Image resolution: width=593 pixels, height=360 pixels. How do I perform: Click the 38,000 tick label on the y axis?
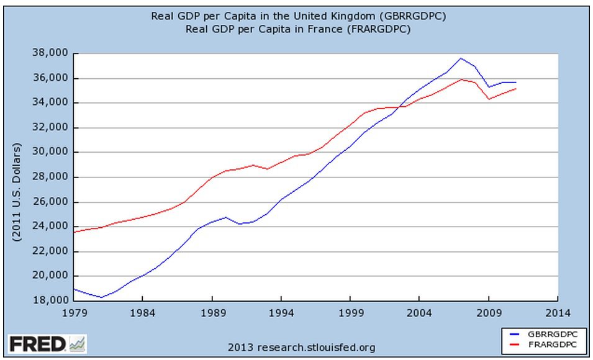pyautogui.click(x=52, y=53)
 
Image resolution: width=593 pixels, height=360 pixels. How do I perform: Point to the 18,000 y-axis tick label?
pyautogui.click(x=52, y=301)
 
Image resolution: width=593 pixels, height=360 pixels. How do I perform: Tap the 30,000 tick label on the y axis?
pyautogui.click(x=52, y=152)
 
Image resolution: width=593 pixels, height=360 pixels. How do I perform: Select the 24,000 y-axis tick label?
pyautogui.click(x=52, y=227)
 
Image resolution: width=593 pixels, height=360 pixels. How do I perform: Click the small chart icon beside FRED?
pyautogui.click(x=78, y=343)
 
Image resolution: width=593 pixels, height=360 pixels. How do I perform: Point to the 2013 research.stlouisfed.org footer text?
pyautogui.click(x=302, y=347)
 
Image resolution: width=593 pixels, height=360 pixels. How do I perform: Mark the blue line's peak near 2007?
pyautogui.click(x=461, y=58)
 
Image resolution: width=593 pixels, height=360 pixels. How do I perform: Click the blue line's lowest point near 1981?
pyautogui.click(x=102, y=297)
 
